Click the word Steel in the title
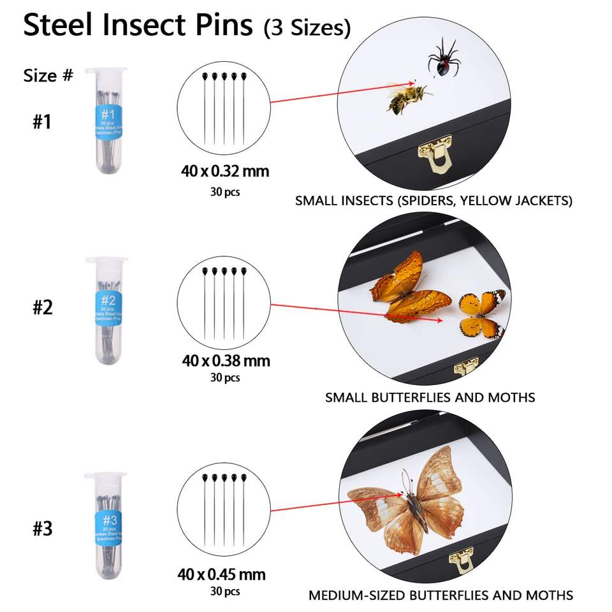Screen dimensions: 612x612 tap(67, 25)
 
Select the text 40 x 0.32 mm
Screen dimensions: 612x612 tap(225, 171)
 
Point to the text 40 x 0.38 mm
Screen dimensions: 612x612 tap(226, 361)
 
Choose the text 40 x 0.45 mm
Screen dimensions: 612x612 tap(221, 574)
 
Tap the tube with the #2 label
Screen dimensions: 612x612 tap(107, 310)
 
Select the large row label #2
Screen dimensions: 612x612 tap(42, 307)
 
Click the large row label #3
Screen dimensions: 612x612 tap(42, 528)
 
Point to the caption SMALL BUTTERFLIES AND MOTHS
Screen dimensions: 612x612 tap(430, 397)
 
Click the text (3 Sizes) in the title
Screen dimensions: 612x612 tap(307, 28)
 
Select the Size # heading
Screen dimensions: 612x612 tap(48, 75)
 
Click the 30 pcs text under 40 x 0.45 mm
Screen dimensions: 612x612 tap(225, 592)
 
